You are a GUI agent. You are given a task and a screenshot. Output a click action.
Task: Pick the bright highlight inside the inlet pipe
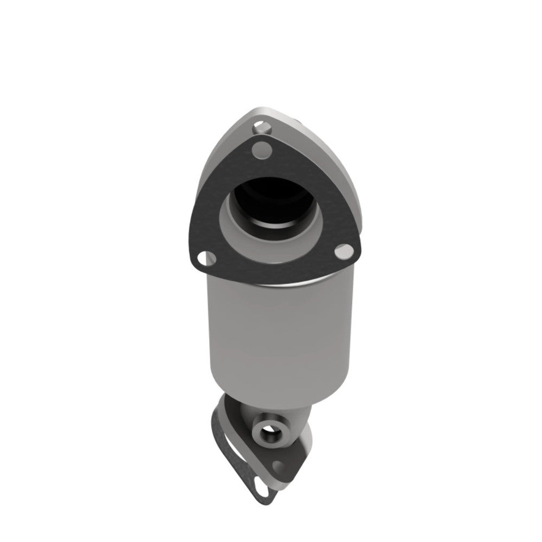(x=276, y=222)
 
